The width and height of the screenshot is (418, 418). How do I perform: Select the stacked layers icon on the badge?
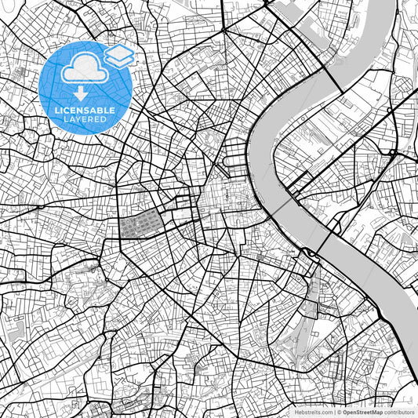coord(119,56)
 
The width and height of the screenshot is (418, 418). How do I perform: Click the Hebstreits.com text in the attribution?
coord(313,412)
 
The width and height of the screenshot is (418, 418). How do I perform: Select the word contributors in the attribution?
coord(399,412)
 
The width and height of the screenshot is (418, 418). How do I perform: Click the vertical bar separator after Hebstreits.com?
coord(335,412)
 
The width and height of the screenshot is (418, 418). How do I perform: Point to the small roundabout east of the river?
coord(391,152)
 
